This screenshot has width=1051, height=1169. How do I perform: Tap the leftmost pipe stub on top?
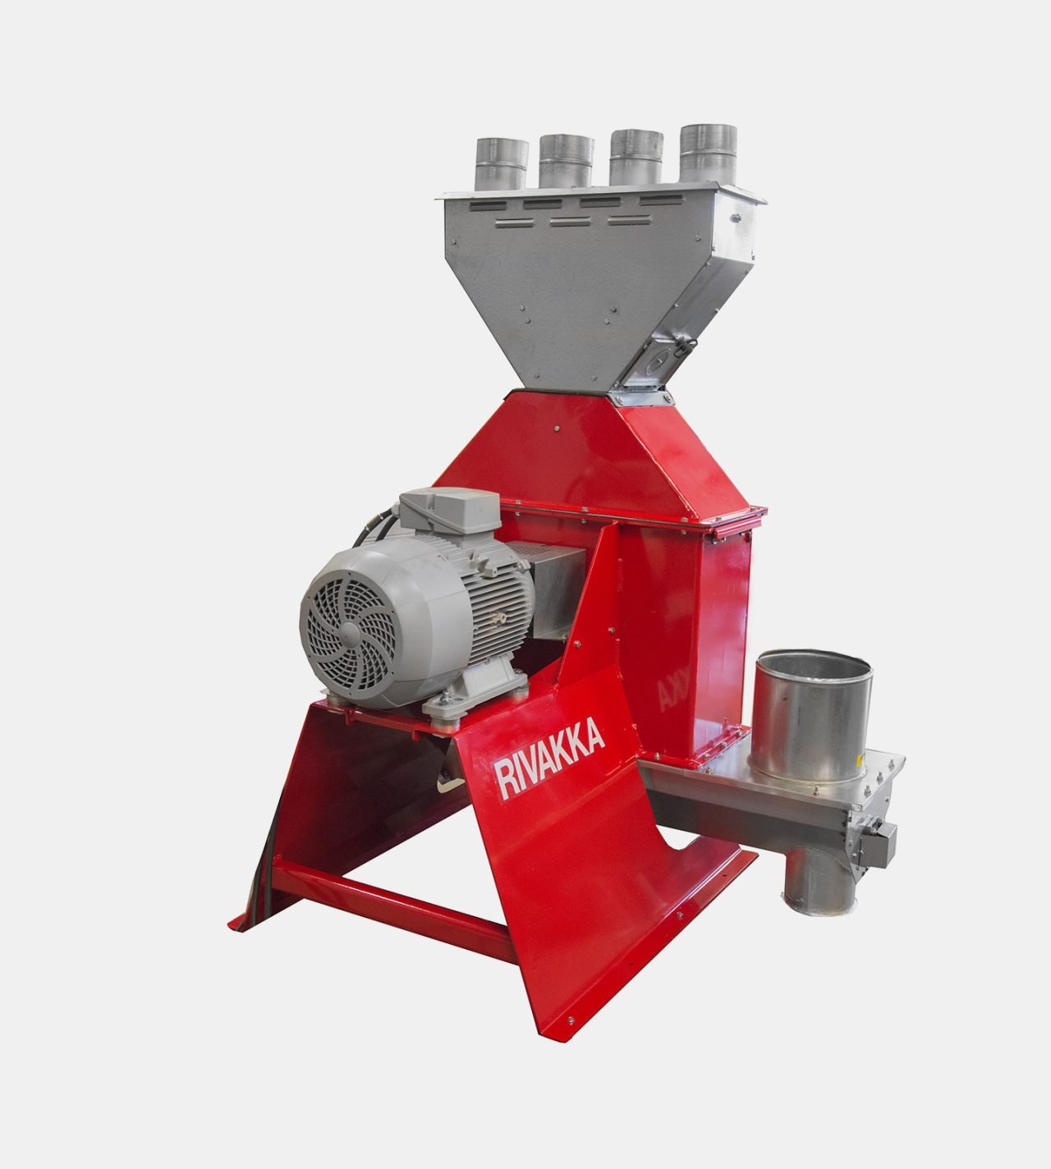pyautogui.click(x=502, y=164)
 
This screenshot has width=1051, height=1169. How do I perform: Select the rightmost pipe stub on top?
pyautogui.click(x=708, y=154)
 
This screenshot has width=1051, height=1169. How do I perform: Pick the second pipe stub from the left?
pyautogui.click(x=567, y=162)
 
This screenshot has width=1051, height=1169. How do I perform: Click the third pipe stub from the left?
pyautogui.click(x=636, y=158)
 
